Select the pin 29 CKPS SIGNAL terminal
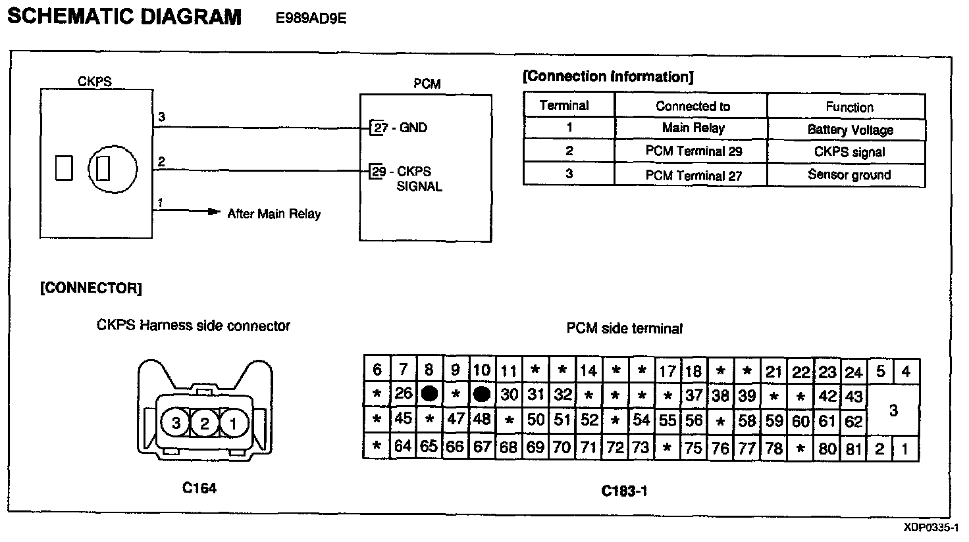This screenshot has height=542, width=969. tap(378, 172)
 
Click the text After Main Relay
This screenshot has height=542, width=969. tap(274, 214)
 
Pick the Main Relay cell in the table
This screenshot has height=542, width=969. tap(693, 128)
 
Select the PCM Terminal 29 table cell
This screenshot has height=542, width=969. tap(693, 151)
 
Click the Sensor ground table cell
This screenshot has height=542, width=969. tap(849, 175)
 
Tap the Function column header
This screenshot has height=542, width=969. tap(849, 107)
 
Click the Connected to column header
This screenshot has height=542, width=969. tap(693, 106)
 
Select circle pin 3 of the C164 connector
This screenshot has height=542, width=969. tap(176, 422)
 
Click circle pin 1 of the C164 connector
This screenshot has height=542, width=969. tap(232, 422)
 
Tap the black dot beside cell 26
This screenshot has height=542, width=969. tap(429, 394)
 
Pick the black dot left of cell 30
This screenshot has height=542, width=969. tap(482, 394)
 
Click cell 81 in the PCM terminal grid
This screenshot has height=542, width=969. tap(854, 448)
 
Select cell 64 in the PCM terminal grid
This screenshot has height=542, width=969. tap(403, 447)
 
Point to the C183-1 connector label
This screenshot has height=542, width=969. tap(624, 491)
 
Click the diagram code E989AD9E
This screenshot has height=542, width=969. tap(311, 18)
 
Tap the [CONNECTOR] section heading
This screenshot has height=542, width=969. tap(91, 288)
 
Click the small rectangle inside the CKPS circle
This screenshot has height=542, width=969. tap(103, 168)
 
